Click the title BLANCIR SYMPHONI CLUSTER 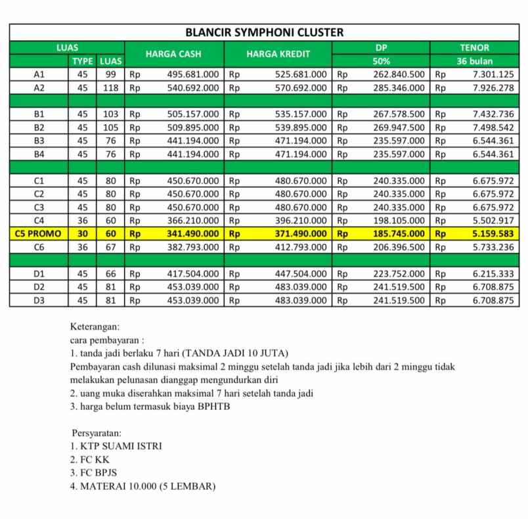click(x=264, y=32)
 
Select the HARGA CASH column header click(x=173, y=54)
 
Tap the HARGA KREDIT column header click(x=278, y=54)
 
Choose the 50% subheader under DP click(x=381, y=61)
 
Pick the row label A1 click(x=39, y=74)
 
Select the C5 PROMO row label click(x=39, y=233)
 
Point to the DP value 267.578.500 click(x=399, y=114)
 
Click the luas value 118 click(x=110, y=87)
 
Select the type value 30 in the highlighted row click(x=82, y=233)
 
